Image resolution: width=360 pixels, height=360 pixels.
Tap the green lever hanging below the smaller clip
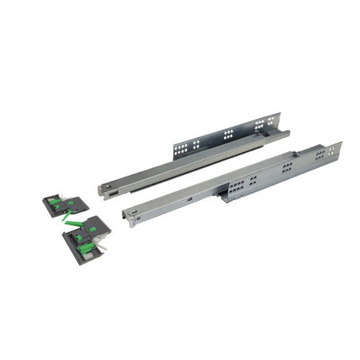coord(67,215)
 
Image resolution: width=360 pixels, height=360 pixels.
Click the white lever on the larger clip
coord(103,248)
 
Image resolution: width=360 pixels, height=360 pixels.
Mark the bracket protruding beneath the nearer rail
coord(229,197)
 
